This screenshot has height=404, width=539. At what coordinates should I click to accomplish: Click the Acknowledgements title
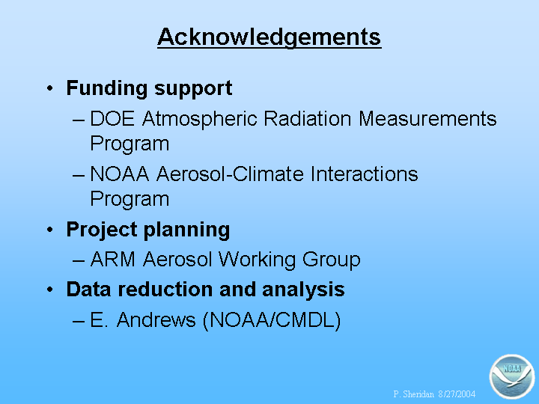269,37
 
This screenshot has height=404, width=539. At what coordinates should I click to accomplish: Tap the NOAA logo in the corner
512,376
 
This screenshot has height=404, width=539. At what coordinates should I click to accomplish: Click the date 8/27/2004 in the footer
457,394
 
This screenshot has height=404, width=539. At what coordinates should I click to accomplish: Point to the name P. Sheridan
413,394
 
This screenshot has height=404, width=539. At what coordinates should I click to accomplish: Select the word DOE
112,118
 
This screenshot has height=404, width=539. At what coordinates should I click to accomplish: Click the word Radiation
308,118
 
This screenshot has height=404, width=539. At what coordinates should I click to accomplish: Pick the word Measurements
427,118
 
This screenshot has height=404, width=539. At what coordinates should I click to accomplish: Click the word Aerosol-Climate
231,174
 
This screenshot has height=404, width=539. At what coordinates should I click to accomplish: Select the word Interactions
365,174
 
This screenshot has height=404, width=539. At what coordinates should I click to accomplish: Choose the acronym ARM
113,259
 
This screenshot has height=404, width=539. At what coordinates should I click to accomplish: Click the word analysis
303,290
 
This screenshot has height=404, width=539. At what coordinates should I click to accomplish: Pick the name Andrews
156,320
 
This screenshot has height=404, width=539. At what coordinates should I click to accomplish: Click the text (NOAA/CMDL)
272,321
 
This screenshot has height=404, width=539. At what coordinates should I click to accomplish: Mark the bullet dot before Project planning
50,230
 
